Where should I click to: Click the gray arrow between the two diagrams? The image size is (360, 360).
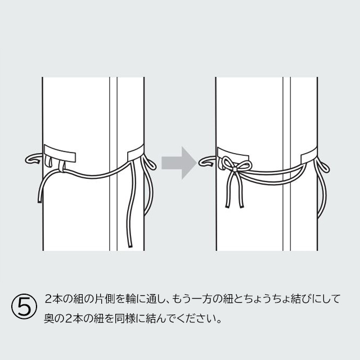coord(178,163)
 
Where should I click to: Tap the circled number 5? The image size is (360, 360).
coord(25,307)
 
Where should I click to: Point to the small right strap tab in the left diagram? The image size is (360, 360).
coord(136,152)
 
